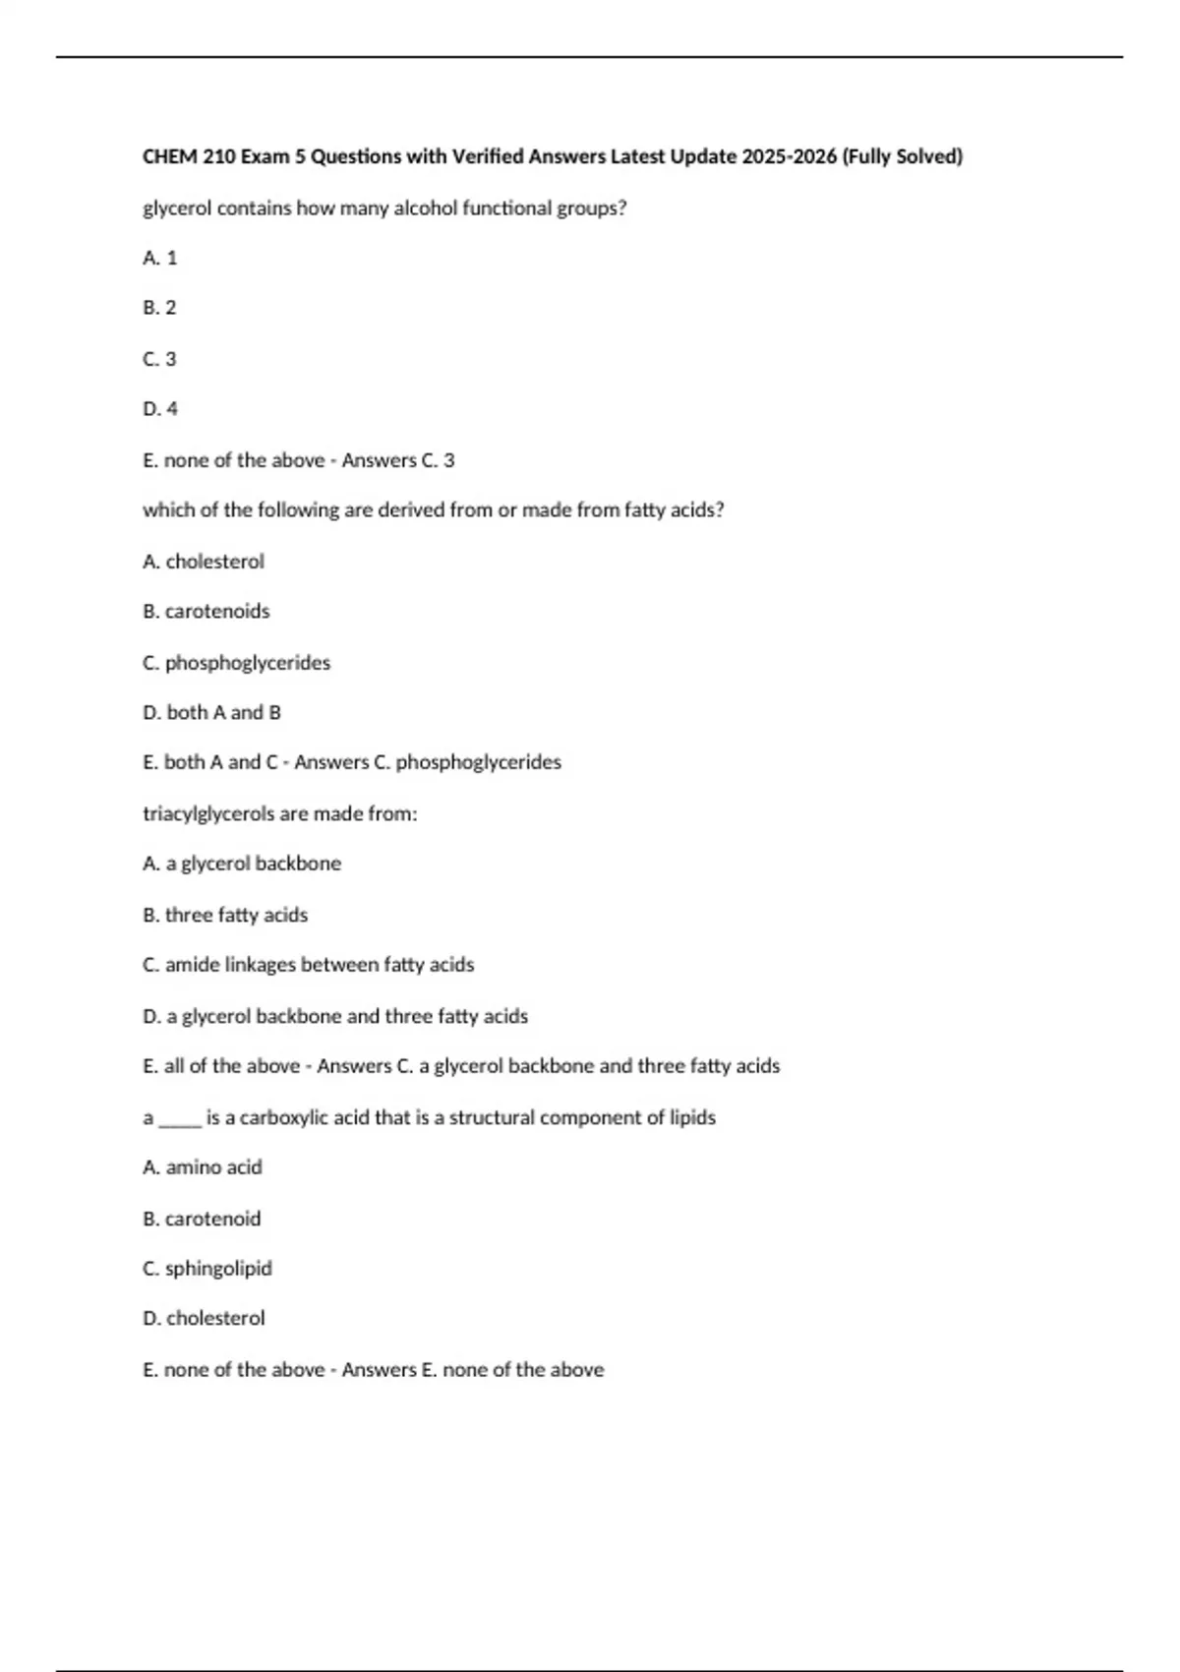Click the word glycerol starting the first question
coord(177,209)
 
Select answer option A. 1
coord(160,258)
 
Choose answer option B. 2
coord(159,308)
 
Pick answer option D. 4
coord(160,409)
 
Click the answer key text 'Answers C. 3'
coord(398,460)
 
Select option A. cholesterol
coord(204,562)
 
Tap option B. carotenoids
coord(206,612)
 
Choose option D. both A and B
coord(211,712)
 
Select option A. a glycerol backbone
coord(242,864)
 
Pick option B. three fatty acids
coord(225,915)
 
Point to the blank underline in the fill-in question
coord(180,1120)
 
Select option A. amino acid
coord(203,1167)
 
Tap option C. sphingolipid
coord(207,1269)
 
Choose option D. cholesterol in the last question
coord(204,1318)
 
